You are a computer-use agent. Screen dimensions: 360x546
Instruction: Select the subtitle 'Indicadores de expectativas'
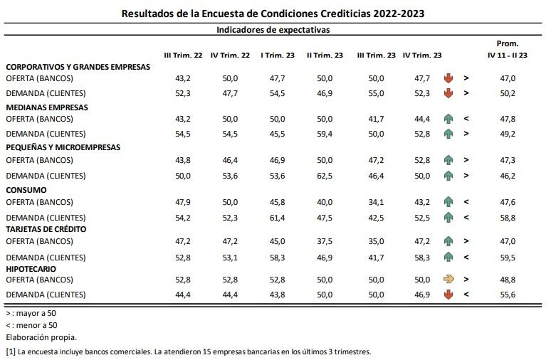point(273,30)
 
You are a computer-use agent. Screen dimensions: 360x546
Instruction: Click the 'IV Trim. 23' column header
point(421,55)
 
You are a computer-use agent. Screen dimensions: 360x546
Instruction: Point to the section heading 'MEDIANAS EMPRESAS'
point(47,107)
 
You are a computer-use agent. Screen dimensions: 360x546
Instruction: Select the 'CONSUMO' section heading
point(26,190)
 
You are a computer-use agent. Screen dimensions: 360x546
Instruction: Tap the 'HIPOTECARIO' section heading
point(33,269)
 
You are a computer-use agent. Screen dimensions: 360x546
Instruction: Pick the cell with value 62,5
point(325,175)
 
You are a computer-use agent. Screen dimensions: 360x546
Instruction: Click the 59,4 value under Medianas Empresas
point(325,133)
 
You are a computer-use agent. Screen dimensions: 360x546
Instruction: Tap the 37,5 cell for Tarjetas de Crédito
point(325,241)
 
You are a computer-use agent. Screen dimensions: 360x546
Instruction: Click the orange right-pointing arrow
point(448,280)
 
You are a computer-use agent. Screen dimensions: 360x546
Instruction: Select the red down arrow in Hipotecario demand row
point(448,294)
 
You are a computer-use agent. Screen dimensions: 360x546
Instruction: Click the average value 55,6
point(508,294)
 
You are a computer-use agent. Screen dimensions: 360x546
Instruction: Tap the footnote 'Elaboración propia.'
point(41,337)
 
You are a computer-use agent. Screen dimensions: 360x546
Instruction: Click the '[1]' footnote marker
point(11,351)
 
